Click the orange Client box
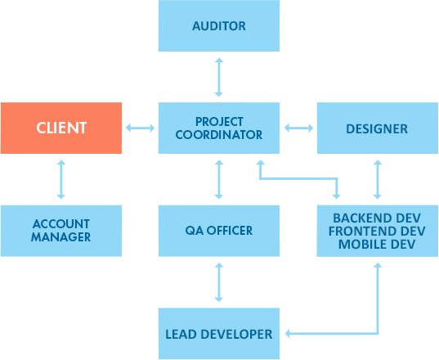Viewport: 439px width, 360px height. pyautogui.click(x=61, y=128)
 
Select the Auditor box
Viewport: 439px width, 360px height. pyautogui.click(x=219, y=26)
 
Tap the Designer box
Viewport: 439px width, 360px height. pyautogui.click(x=378, y=128)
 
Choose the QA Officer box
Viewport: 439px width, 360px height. pyautogui.click(x=219, y=231)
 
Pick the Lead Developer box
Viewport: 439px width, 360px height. pyautogui.click(x=219, y=334)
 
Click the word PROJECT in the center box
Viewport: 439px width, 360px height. pyautogui.click(x=219, y=122)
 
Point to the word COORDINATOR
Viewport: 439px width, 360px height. pyautogui.click(x=219, y=135)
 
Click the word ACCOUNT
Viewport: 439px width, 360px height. pyautogui.click(x=61, y=224)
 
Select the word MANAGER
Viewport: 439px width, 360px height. pyautogui.click(x=61, y=237)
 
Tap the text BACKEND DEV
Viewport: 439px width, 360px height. pyautogui.click(x=377, y=218)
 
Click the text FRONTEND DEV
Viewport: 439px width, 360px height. pyautogui.click(x=377, y=231)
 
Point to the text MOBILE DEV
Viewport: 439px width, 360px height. pyautogui.click(x=377, y=245)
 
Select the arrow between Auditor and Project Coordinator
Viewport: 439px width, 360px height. pyautogui.click(x=219, y=77)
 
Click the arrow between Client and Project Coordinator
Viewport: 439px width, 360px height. pyautogui.click(x=140, y=128)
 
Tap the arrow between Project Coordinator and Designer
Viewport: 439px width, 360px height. pyautogui.click(x=298, y=128)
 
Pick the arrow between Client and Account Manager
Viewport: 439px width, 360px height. pyautogui.click(x=61, y=179)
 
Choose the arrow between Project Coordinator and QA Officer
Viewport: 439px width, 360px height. pyautogui.click(x=219, y=179)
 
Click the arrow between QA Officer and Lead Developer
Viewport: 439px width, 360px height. pyautogui.click(x=219, y=282)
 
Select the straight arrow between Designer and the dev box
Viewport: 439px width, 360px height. pyautogui.click(x=378, y=179)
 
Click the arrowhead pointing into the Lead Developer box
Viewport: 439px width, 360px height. pyautogui.click(x=287, y=334)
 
